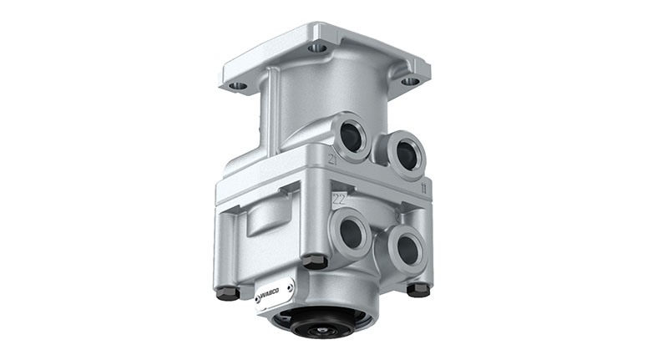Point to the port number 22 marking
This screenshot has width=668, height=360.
(x=340, y=199)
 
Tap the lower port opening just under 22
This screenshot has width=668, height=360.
(x=350, y=234)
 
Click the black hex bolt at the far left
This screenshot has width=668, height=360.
(x=225, y=292)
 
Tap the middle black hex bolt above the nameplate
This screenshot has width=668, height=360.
(x=314, y=261)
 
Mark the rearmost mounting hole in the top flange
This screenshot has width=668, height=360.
(x=317, y=48)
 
